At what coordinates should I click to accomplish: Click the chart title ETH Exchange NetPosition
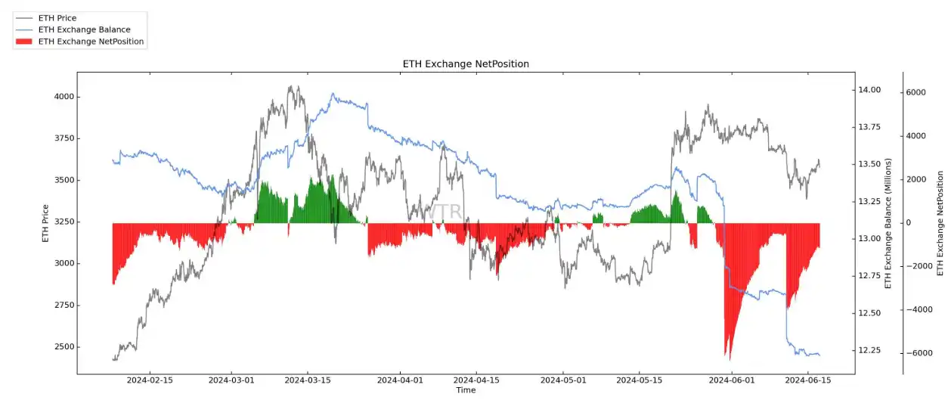coord(466,64)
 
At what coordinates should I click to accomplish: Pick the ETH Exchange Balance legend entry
coord(84,29)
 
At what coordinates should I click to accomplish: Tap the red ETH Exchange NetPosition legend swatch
coord(25,42)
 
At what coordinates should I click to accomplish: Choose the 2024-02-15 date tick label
coord(149,380)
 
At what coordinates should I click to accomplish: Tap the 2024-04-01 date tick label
coord(401,380)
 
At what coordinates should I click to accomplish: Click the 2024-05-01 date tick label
coord(564,380)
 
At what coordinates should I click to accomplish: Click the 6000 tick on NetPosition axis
coord(915,92)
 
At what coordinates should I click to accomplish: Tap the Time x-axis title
coord(466,390)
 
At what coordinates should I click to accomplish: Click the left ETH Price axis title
coord(45,223)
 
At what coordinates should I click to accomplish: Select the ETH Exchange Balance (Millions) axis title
coord(888,223)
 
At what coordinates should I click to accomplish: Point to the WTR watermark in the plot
coord(445,212)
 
